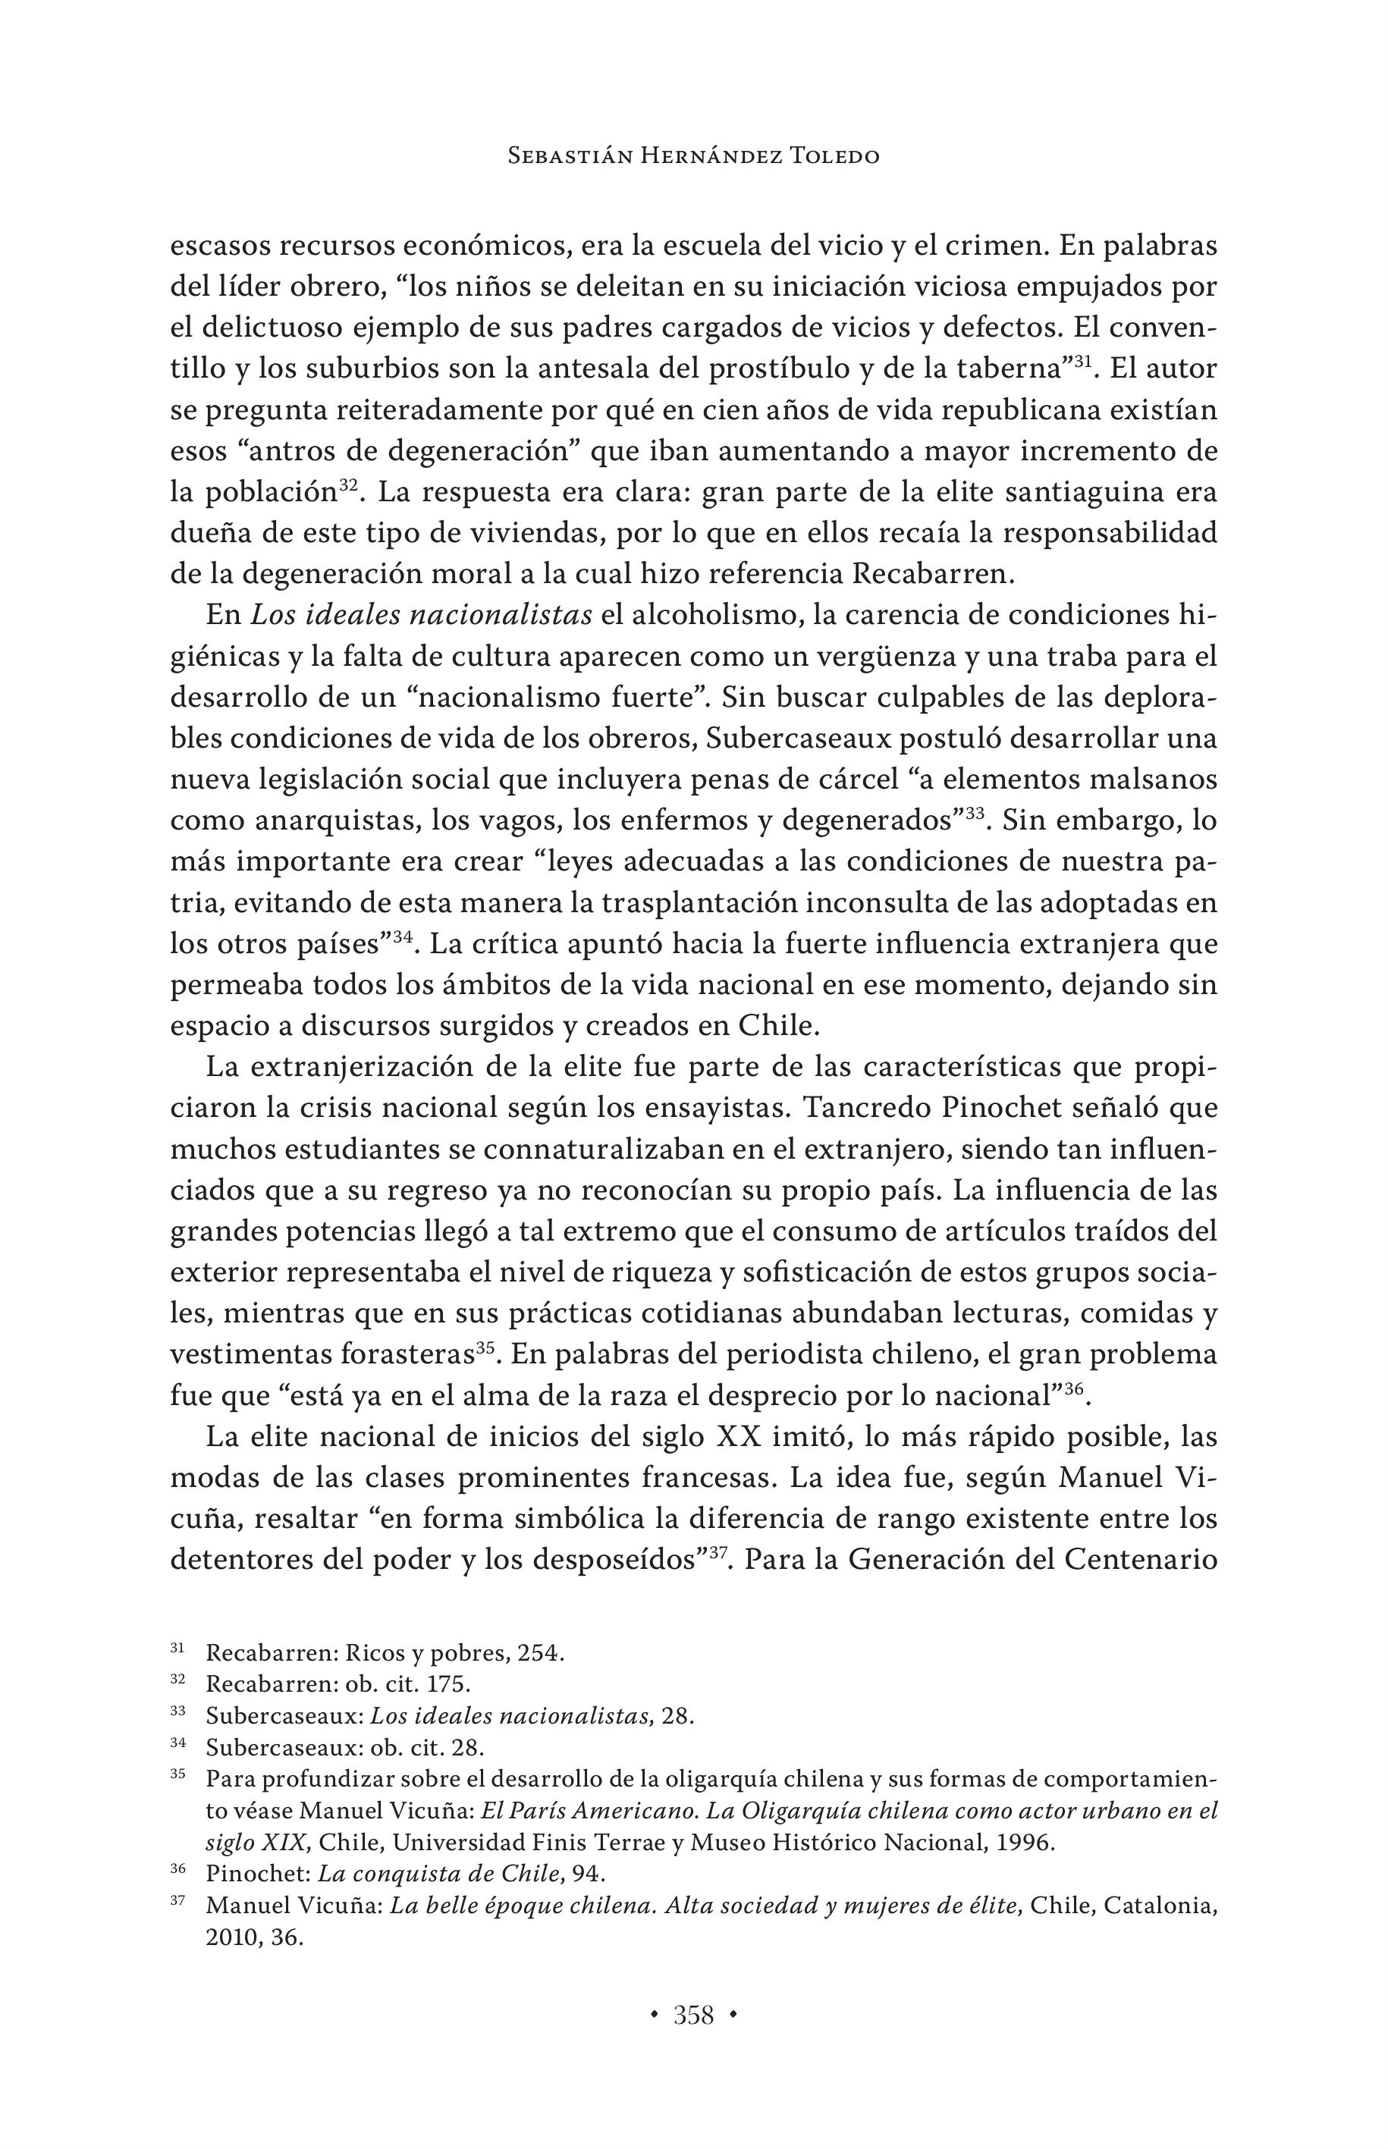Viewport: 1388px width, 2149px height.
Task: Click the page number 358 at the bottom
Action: [x=693, y=2015]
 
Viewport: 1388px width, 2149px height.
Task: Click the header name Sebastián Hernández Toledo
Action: [x=693, y=156]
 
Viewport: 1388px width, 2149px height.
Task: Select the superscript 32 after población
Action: [x=349, y=485]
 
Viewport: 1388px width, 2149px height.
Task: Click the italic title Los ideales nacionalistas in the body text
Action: [x=421, y=616]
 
